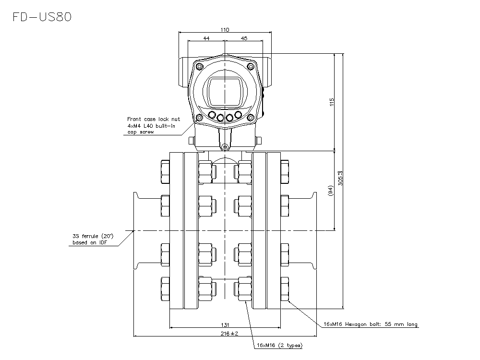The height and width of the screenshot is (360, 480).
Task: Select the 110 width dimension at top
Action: click(225, 30)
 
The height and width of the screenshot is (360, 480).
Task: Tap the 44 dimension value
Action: click(206, 38)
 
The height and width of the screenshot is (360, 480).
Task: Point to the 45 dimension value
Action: click(243, 38)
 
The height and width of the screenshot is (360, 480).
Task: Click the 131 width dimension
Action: click(225, 324)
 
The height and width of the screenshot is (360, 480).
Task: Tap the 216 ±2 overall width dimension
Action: click(225, 333)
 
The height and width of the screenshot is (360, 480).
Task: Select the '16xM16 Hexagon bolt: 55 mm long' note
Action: click(370, 324)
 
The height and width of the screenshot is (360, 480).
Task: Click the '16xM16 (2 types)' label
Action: click(280, 346)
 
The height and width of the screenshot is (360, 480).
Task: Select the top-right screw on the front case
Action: click(250, 66)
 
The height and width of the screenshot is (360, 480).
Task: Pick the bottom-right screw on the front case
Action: click(250, 118)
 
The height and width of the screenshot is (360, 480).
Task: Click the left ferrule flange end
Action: click(136, 231)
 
